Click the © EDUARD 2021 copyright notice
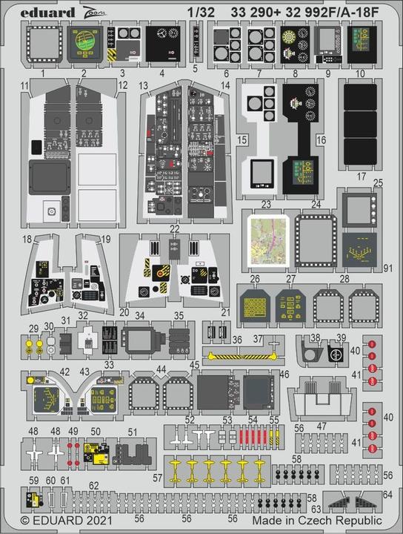[x=53, y=521]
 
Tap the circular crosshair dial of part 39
[x=334, y=355]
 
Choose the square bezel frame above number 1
[x=45, y=44]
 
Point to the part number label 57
[x=157, y=480]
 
